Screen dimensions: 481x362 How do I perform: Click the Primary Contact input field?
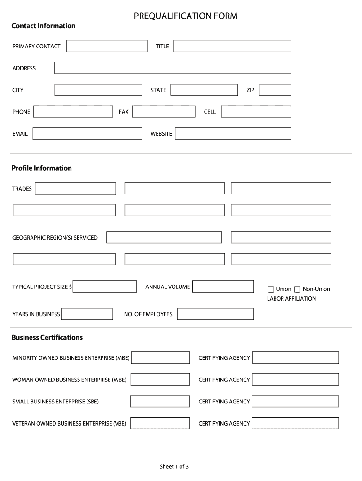107,46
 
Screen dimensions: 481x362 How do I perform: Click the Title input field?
232,46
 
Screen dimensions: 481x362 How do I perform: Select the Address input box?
173,68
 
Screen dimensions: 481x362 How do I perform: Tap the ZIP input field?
275,90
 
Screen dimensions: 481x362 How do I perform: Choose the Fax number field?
164,112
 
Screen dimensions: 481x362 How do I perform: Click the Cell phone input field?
256,112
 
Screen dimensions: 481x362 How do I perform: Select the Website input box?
233,134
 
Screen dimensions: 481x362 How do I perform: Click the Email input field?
87,134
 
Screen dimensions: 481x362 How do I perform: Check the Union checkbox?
271,289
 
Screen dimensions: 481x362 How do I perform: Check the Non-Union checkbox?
297,289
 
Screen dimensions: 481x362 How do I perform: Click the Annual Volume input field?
223,287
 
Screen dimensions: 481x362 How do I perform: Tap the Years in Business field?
87,314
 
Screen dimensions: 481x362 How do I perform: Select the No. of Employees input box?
215,314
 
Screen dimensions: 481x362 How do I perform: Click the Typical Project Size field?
105,287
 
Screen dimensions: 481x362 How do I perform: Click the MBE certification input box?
160,358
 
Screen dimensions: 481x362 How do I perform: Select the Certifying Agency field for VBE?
295,423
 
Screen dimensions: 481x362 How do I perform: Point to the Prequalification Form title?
186,16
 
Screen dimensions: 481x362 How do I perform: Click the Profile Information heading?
42,168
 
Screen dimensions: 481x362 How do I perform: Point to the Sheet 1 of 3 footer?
174,466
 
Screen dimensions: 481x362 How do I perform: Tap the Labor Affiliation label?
291,299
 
